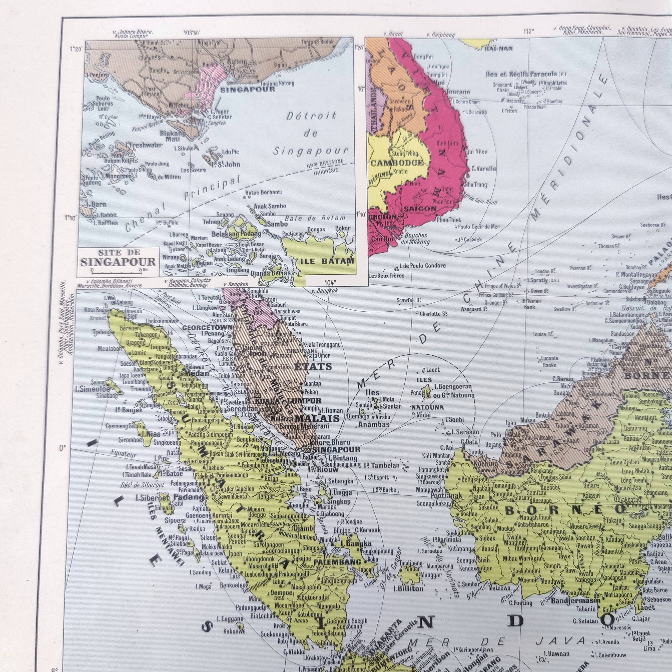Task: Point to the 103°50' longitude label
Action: pos(192,33)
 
